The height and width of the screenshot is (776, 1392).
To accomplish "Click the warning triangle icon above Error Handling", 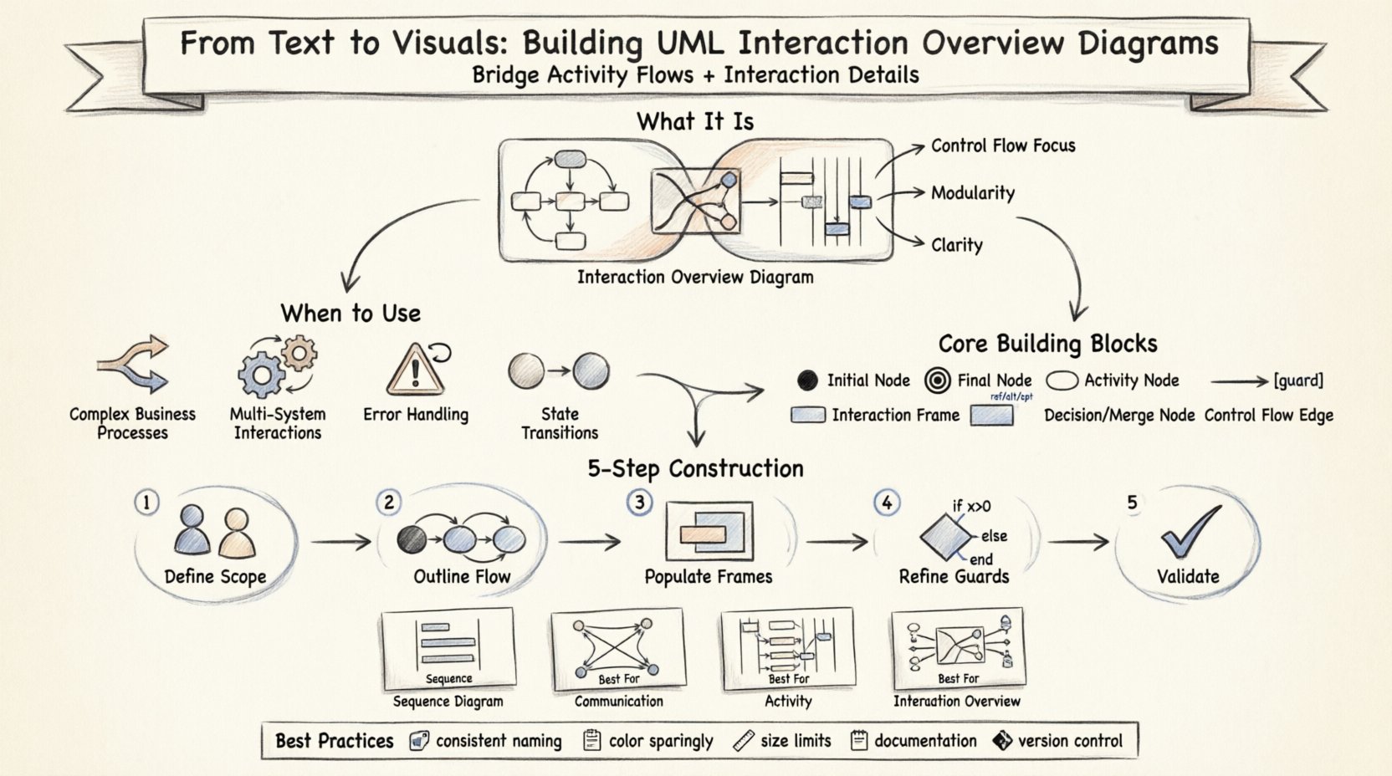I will tap(415, 370).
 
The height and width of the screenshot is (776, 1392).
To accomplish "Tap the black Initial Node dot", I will tap(807, 381).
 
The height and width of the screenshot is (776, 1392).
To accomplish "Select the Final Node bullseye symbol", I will tap(939, 381).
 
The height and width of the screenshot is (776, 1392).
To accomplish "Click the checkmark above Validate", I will tap(1190, 532).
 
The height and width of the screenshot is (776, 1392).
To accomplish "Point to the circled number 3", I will tap(639, 502).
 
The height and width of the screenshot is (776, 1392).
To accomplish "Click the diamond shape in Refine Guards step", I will tap(945, 536).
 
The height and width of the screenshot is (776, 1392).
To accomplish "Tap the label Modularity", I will tap(972, 193).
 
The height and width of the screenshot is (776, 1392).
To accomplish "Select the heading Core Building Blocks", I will tap(1047, 344).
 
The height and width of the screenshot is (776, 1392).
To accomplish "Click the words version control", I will tap(1069, 741).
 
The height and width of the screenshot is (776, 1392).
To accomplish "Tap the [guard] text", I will tap(1298, 380).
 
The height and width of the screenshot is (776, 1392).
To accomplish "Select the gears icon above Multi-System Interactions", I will tap(277, 366).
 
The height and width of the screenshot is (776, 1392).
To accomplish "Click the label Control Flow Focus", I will tap(1003, 145).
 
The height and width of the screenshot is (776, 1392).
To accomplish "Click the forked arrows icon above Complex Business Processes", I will tap(134, 365).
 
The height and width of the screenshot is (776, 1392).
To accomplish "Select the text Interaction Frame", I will tap(895, 415).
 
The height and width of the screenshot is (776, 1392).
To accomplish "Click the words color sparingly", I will tap(661, 741).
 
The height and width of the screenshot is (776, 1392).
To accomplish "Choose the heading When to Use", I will tap(351, 314).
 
